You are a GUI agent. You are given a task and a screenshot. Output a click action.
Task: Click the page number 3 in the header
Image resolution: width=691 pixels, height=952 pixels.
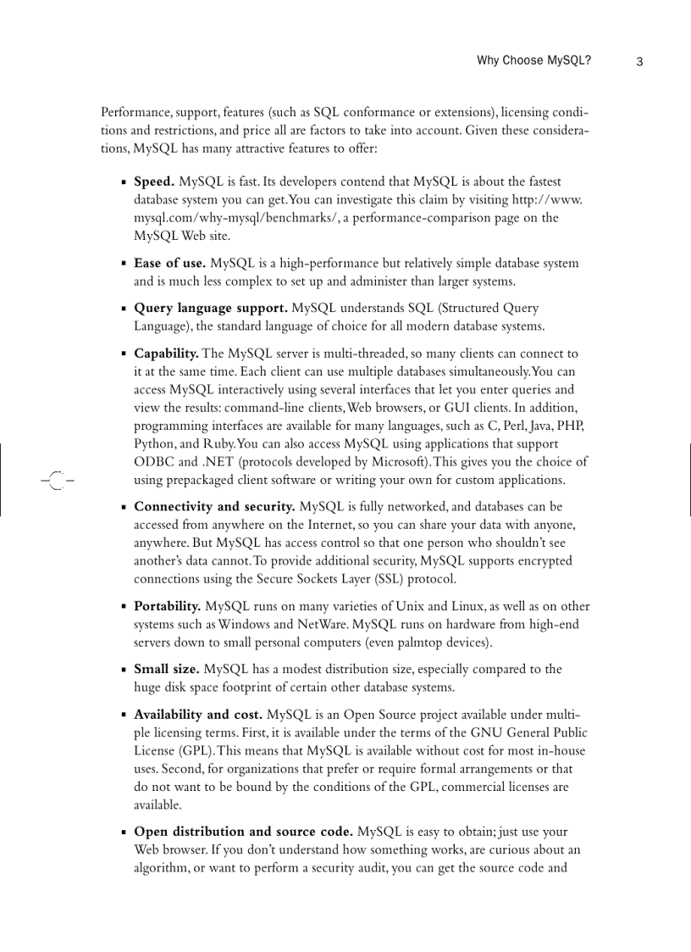639,61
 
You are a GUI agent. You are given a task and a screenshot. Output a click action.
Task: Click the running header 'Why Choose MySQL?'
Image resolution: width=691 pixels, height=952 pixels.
533,61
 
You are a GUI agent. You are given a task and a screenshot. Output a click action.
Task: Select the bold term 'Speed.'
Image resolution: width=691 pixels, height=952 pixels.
154,181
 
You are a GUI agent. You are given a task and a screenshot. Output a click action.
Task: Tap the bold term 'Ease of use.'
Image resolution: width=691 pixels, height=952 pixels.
170,263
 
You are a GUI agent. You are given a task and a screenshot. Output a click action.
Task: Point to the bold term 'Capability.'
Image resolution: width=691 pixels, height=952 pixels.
167,353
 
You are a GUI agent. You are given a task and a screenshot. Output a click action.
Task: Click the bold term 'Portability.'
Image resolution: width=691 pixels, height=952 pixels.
168,606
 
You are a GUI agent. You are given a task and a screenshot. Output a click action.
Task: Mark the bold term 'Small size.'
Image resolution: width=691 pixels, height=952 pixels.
168,669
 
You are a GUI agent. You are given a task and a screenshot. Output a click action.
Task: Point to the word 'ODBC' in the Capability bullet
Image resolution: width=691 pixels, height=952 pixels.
153,462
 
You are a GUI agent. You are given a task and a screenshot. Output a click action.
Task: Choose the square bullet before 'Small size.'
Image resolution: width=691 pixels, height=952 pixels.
124,670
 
